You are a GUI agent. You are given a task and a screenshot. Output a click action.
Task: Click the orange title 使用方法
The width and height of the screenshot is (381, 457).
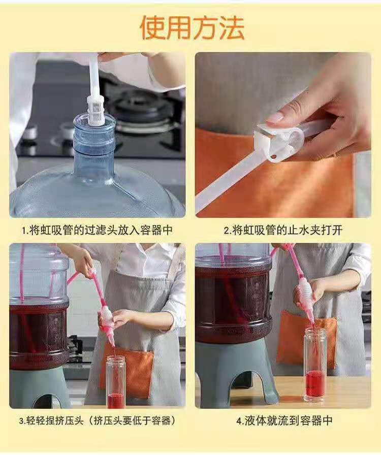[193, 28]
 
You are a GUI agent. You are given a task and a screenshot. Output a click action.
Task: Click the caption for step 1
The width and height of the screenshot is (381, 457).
[98, 230]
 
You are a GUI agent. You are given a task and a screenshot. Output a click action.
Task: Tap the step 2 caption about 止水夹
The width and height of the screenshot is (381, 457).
[283, 230]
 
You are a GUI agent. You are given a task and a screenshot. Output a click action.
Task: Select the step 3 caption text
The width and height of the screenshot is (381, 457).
[98, 420]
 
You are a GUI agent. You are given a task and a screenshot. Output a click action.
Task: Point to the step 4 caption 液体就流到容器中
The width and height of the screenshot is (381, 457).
[284, 420]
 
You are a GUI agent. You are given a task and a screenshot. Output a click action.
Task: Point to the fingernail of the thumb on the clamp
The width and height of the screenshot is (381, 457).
[275, 118]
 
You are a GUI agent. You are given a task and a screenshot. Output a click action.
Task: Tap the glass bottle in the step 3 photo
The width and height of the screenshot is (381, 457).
[116, 381]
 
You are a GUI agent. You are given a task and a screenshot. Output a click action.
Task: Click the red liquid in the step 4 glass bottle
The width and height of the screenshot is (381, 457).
[314, 383]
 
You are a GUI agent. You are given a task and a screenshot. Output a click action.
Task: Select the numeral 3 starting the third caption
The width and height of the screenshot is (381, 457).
[21, 421]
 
